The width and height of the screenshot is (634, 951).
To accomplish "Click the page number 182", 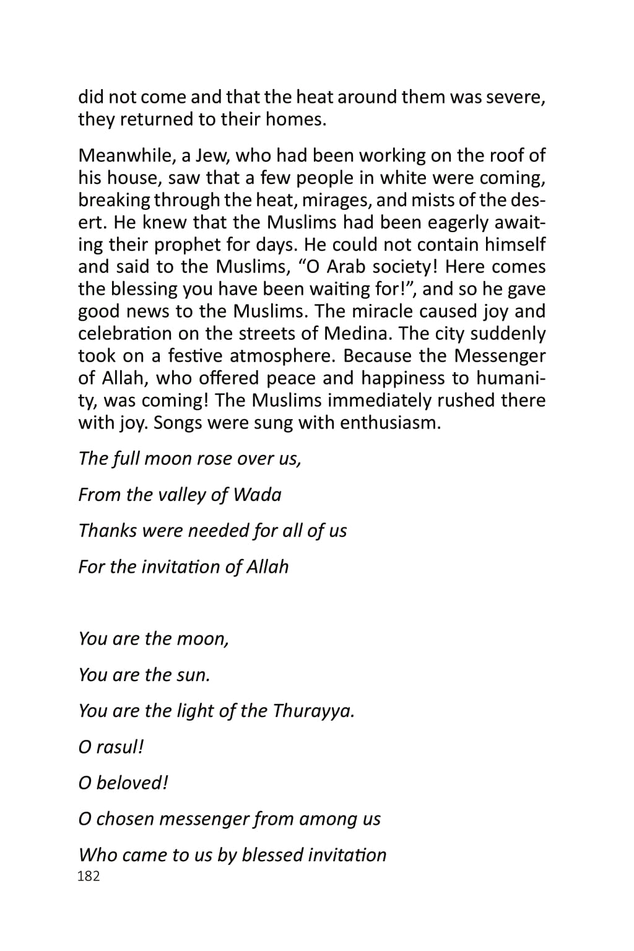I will point(89,876).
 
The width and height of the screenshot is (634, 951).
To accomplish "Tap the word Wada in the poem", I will point(257,495).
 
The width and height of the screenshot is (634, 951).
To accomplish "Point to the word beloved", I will point(132,783).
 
